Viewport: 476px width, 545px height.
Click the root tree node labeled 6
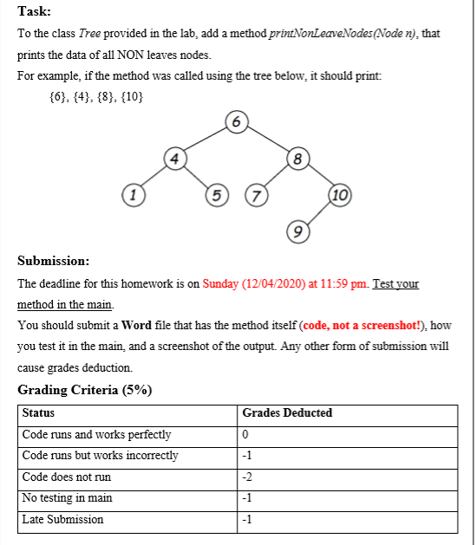point(236,122)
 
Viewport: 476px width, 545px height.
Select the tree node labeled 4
point(175,159)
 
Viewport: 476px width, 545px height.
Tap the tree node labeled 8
point(297,159)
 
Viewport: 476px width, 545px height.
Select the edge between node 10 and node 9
point(318,213)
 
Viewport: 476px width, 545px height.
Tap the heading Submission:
point(52,261)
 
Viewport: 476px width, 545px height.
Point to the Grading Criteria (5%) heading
point(85,389)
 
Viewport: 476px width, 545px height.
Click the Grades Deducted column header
point(287,413)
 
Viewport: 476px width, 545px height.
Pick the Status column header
point(38,413)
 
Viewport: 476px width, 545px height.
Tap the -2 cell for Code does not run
point(248,477)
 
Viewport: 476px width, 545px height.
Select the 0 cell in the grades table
point(246,435)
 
